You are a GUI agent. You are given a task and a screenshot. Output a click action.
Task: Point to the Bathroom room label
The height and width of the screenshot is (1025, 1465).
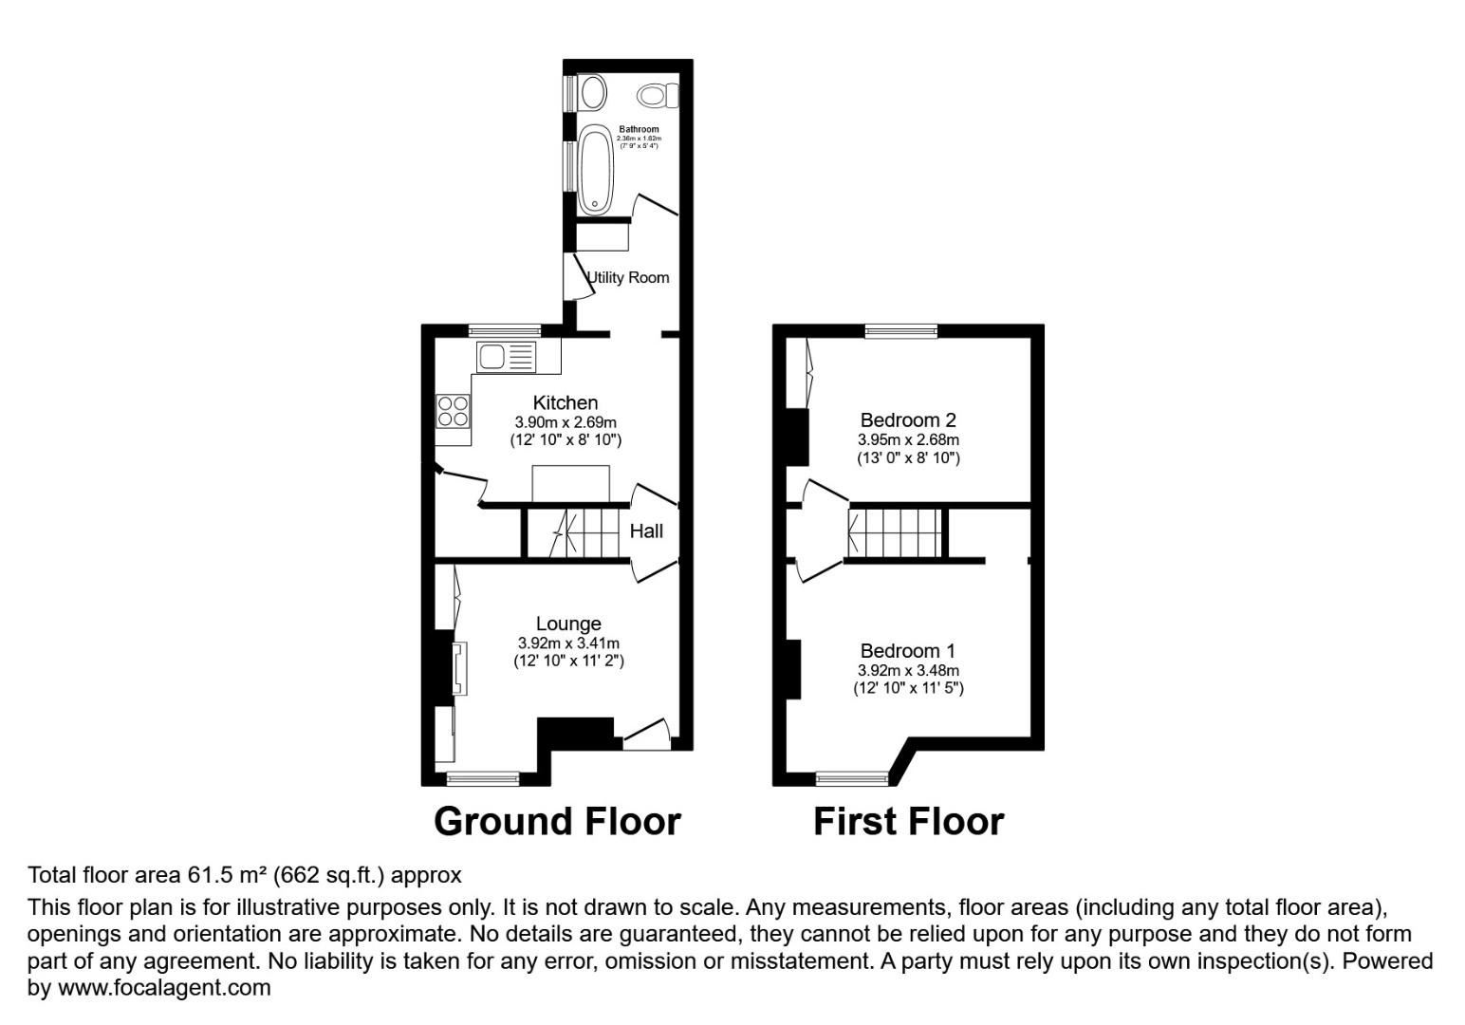(x=639, y=129)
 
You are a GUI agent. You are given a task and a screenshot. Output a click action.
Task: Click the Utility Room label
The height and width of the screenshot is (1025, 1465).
(x=628, y=277)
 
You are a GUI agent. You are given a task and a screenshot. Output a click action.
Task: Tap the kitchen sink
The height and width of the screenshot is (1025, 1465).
(x=507, y=357)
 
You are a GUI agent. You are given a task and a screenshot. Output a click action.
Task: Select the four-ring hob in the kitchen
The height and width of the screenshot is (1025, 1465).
(x=453, y=410)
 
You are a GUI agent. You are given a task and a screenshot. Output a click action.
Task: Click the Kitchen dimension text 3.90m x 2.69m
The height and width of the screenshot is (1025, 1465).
(x=566, y=422)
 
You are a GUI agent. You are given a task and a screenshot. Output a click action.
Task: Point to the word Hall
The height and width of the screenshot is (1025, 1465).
(x=646, y=531)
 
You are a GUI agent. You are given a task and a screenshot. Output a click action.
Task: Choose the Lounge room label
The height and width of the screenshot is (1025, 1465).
(x=568, y=624)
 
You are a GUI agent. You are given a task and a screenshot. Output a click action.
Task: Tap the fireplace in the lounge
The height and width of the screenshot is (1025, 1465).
(x=458, y=669)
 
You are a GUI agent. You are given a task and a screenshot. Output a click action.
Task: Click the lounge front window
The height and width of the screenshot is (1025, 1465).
(x=483, y=779)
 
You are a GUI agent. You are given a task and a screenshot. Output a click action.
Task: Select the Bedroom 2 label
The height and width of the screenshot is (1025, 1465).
(x=907, y=419)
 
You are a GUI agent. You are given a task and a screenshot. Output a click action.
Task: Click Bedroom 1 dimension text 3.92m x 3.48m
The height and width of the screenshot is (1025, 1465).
(x=907, y=670)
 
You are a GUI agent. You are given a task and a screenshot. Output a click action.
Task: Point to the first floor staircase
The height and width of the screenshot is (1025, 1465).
(x=895, y=532)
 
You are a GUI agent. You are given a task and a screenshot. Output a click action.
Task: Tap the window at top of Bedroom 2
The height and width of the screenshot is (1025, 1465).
(x=900, y=330)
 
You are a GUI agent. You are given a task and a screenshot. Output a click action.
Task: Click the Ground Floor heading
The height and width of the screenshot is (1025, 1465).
(x=557, y=822)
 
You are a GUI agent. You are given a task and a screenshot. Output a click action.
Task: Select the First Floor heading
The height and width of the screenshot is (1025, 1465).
(x=908, y=822)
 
